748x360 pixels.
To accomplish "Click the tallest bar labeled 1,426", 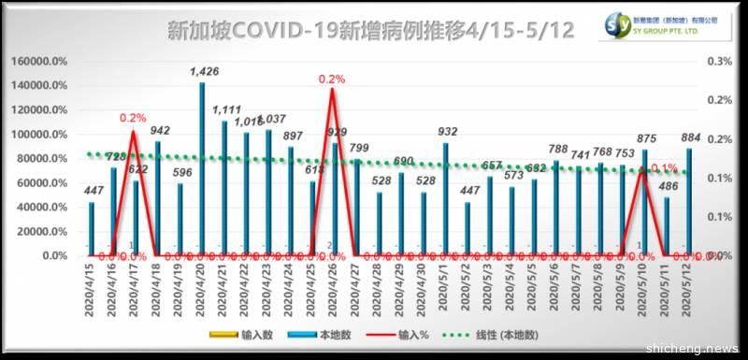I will [x=202, y=168].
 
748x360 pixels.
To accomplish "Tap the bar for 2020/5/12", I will [x=689, y=201].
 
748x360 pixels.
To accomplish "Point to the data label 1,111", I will [x=226, y=109].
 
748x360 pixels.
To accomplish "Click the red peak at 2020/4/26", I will [x=332, y=90].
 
